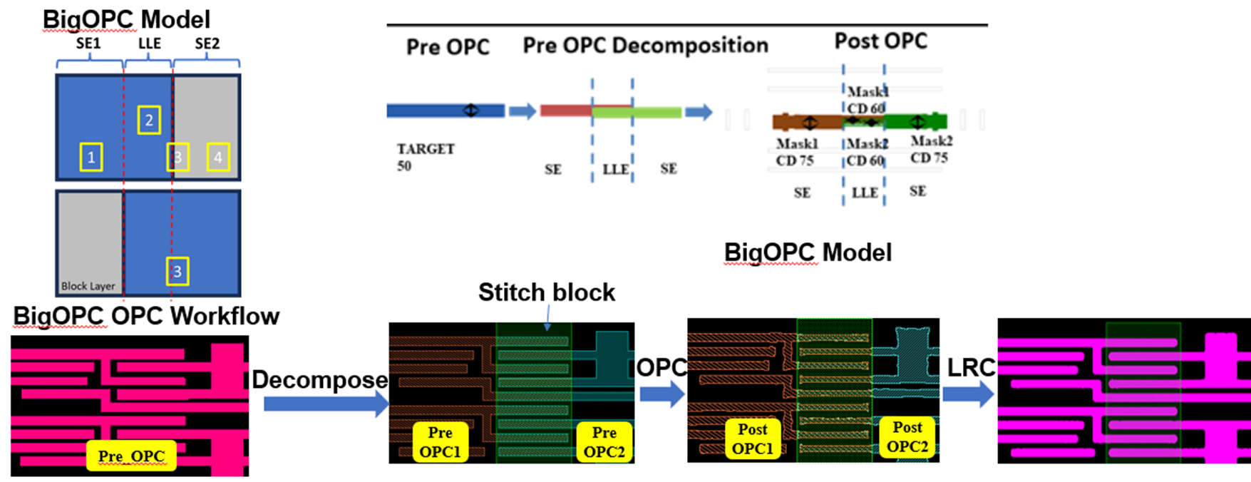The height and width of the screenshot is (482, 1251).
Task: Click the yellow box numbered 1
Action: [x=91, y=158]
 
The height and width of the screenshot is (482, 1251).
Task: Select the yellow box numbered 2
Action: [x=148, y=120]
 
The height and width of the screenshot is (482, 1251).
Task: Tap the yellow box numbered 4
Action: [x=218, y=158]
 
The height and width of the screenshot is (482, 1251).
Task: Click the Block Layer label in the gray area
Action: [x=88, y=286]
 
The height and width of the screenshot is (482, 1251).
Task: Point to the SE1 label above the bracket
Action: [x=88, y=44]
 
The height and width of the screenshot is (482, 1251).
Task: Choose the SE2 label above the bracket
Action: [x=207, y=44]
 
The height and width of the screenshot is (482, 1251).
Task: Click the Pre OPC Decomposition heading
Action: [x=645, y=46]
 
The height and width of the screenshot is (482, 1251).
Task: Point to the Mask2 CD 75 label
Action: [x=931, y=150]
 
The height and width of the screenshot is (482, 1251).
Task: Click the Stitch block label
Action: [x=546, y=292]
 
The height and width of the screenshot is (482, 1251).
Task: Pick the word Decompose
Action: [x=320, y=380]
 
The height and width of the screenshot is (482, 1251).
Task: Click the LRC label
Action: [x=971, y=368]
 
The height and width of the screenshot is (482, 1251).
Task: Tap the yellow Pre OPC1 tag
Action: [x=440, y=442]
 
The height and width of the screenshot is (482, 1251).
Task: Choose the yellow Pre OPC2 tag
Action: [x=604, y=442]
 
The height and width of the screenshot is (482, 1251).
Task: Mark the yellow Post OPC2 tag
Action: [x=907, y=436]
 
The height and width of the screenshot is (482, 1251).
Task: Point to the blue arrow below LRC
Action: [x=968, y=394]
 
